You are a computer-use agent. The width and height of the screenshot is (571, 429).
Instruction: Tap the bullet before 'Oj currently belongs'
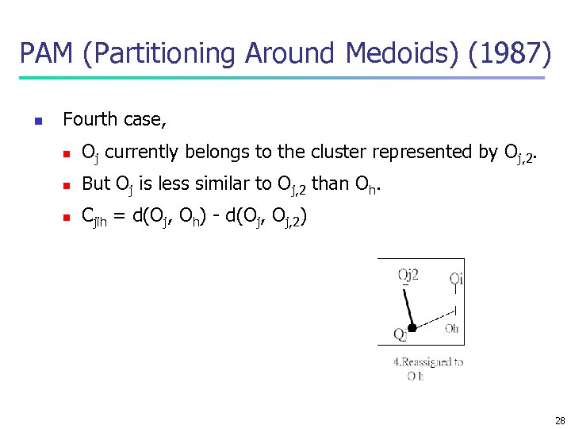pyautogui.click(x=68, y=153)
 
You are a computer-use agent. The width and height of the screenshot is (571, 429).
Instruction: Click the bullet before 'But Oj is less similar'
pyautogui.click(x=68, y=186)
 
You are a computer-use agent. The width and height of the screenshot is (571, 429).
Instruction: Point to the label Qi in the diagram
pyautogui.click(x=456, y=278)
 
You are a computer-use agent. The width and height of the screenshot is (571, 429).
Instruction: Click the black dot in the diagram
pyautogui.click(x=412, y=327)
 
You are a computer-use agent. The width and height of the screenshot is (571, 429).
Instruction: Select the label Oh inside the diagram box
pyautogui.click(x=450, y=329)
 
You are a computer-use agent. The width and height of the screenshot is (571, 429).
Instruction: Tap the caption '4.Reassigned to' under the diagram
pyautogui.click(x=428, y=362)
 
